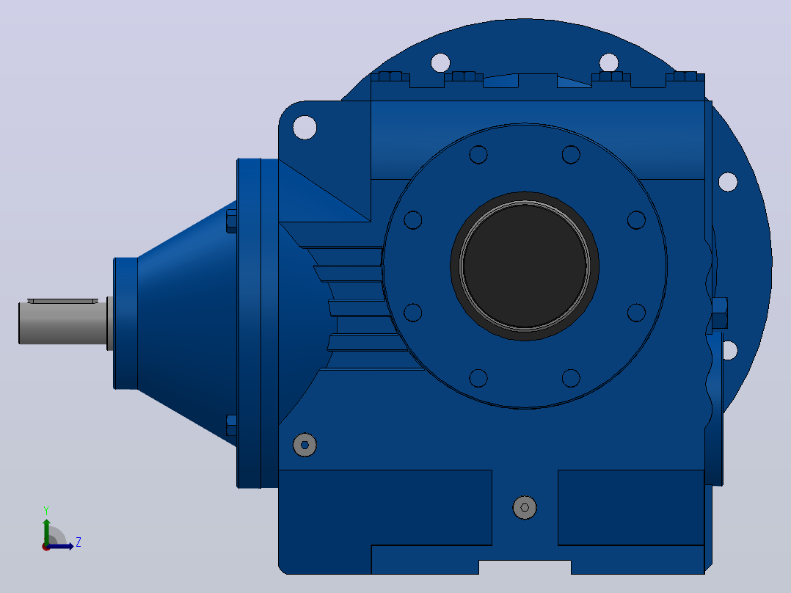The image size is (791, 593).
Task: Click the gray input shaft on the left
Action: [63, 323]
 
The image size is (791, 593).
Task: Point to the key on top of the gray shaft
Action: [62, 301]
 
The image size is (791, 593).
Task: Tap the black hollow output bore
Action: [525, 266]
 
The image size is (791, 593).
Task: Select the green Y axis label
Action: [46, 511]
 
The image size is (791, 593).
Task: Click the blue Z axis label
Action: [79, 542]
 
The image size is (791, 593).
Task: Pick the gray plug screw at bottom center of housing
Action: [525, 507]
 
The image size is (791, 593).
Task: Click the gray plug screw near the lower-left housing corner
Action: [305, 445]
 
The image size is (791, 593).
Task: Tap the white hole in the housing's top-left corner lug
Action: [305, 127]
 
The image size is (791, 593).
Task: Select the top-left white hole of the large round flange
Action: [440, 62]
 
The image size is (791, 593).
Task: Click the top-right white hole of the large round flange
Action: [609, 62]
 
